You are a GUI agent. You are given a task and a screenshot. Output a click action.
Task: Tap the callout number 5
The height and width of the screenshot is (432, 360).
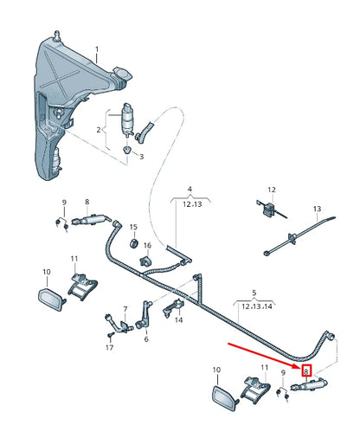(254, 293)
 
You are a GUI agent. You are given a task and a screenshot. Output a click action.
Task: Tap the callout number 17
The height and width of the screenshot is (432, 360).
(109, 347)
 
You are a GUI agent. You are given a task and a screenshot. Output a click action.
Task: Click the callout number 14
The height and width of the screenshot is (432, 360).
(179, 319)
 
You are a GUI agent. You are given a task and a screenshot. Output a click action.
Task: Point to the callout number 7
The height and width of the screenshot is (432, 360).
(125, 308)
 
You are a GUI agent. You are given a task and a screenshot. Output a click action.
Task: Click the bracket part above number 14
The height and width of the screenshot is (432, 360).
(177, 302)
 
